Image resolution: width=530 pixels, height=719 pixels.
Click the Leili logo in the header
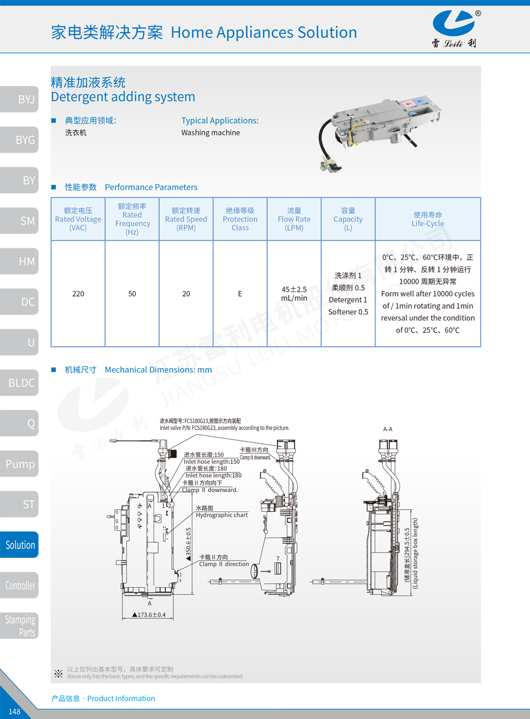tap(454, 29)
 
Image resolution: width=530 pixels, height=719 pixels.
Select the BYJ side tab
tap(19, 99)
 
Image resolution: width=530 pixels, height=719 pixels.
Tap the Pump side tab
tap(19, 464)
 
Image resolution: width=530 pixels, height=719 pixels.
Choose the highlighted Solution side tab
tap(19, 545)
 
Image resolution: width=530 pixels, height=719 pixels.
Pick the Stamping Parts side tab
tap(19, 626)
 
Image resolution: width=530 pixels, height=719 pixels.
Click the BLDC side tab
tap(19, 383)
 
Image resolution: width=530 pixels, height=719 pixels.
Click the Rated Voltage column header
tap(78, 219)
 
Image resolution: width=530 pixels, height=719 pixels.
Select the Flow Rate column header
tap(294, 219)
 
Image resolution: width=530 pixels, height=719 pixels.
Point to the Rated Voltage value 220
tap(78, 293)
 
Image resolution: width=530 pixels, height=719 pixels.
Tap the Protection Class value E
tap(240, 293)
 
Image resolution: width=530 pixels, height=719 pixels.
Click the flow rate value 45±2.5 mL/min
tap(294, 293)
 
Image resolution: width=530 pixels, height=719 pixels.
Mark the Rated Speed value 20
tap(186, 293)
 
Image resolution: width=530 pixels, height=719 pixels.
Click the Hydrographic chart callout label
tap(222, 515)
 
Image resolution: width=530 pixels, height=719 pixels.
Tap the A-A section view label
tap(387, 428)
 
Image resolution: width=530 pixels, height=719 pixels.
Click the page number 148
tap(15, 712)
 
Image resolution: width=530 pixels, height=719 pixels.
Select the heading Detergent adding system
tap(123, 97)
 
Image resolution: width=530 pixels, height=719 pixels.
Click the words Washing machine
tap(211, 133)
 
